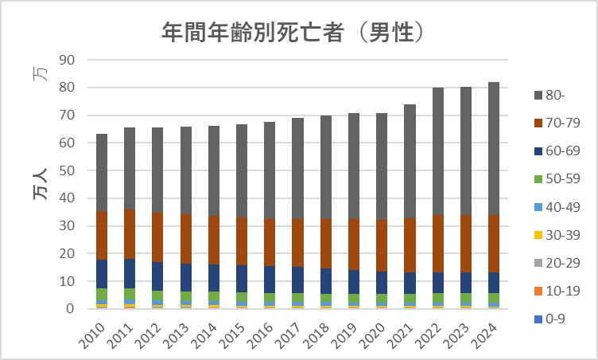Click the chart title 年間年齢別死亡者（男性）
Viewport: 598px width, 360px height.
(x=291, y=31)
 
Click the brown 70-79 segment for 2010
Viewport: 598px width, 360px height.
(x=102, y=235)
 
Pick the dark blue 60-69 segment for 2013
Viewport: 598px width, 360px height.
(x=186, y=277)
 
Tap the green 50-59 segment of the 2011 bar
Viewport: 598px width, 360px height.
(x=130, y=293)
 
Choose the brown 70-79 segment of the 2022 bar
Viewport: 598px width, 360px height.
(x=437, y=243)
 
